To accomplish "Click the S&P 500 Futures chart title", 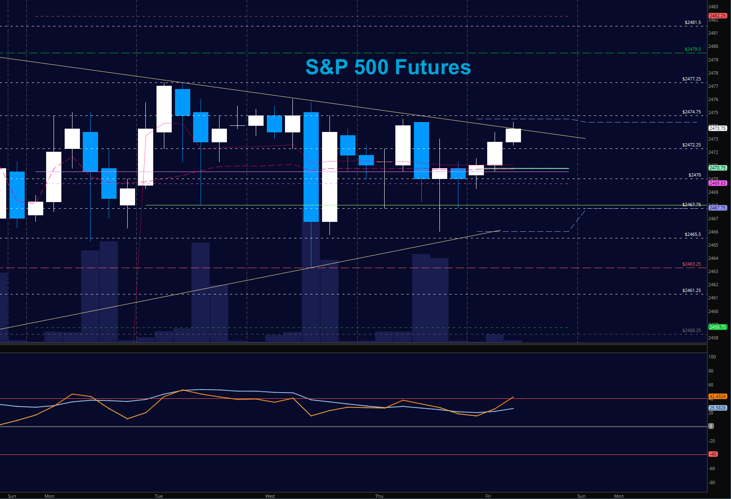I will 388,67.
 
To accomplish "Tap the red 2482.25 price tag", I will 717,16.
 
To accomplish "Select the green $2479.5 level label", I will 692,49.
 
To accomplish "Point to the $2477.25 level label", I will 691,79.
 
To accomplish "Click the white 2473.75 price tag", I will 717,128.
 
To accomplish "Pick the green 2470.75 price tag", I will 717,168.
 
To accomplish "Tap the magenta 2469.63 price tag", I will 717,183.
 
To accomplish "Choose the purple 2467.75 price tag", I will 717,208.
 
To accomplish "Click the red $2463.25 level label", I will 691,264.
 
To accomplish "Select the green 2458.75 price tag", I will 717,327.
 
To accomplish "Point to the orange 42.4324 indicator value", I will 717,396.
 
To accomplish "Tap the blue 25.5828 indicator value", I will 717,408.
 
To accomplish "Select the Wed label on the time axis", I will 270,496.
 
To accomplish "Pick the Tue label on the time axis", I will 159,496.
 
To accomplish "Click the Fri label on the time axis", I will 488,496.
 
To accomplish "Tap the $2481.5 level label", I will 693,22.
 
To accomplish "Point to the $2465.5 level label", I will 693,234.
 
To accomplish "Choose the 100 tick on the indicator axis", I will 712,357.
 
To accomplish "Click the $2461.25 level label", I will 691,290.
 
